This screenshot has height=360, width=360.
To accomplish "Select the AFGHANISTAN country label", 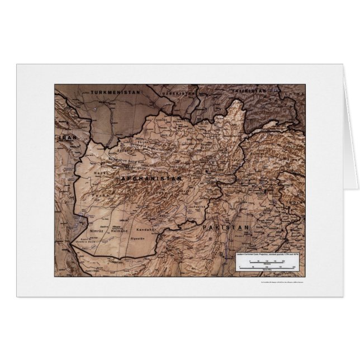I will [152, 177].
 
